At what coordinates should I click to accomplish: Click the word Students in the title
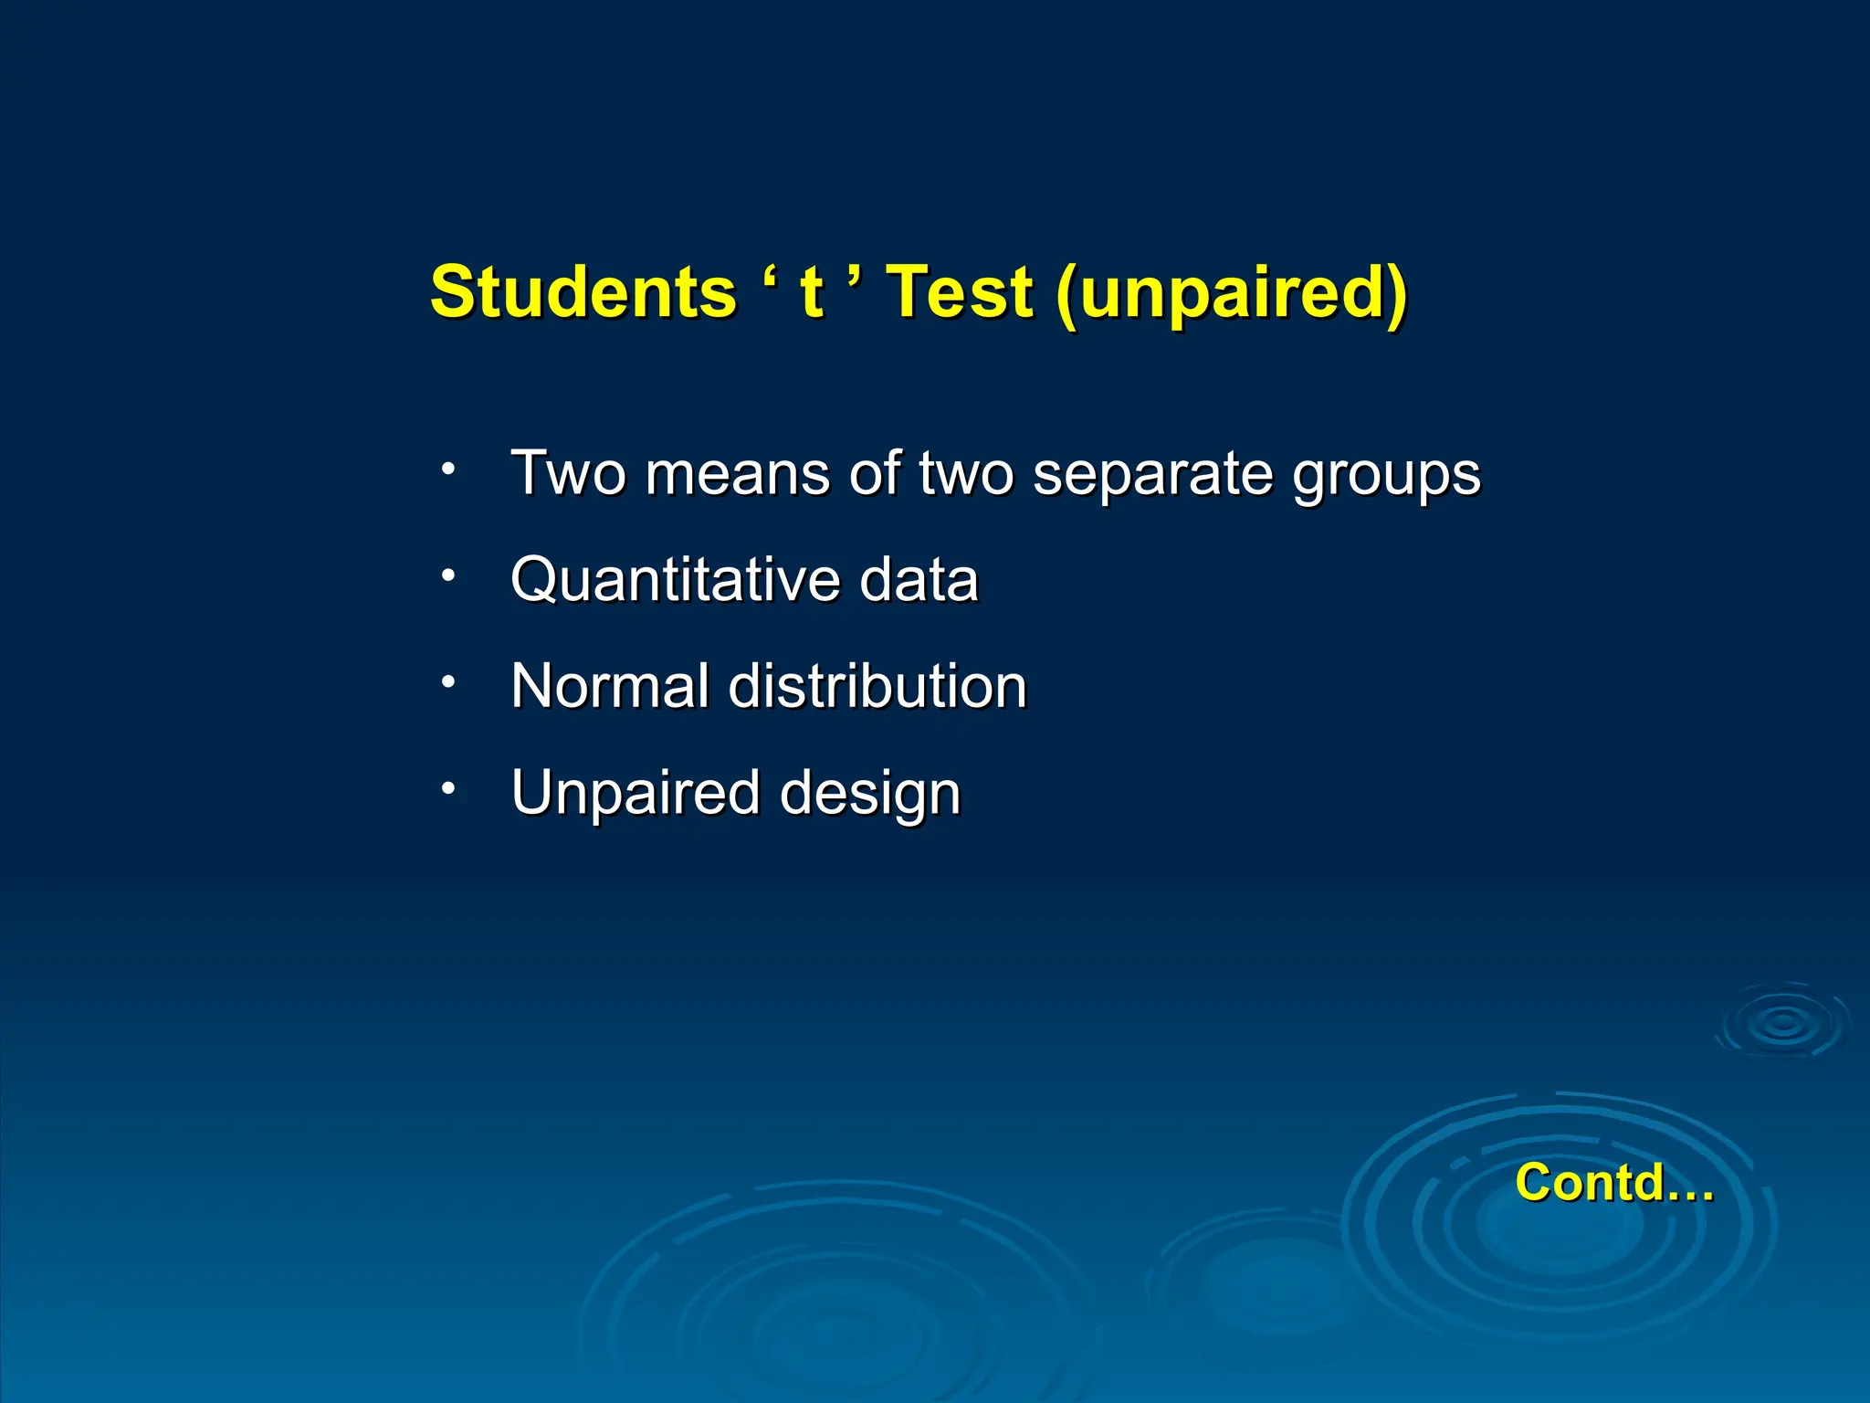(x=583, y=292)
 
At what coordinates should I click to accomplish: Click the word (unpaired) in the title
(x=1231, y=294)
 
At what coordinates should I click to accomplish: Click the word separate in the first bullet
(x=1152, y=475)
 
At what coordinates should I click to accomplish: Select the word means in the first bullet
(x=737, y=475)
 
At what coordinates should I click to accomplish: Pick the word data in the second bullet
(x=919, y=580)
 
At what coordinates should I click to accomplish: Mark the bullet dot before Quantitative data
(x=447, y=576)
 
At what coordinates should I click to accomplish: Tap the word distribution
(x=877, y=686)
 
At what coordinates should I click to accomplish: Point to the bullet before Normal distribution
(x=447, y=682)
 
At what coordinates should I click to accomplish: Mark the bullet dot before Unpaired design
(x=447, y=788)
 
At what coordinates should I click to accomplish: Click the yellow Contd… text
(x=1614, y=1183)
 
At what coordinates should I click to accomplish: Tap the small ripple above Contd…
(x=1781, y=1022)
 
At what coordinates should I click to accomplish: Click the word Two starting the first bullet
(x=568, y=474)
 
